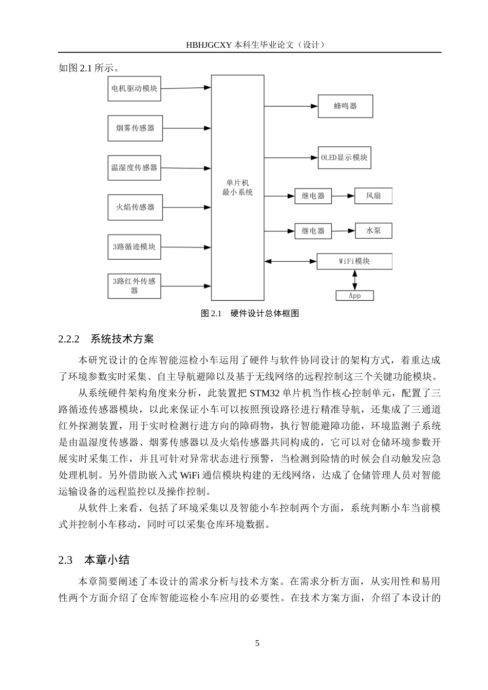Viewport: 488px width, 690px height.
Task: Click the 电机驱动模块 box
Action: pos(134,88)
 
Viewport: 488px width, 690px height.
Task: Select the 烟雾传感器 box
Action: pos(135,128)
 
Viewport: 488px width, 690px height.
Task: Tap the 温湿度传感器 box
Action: pos(134,168)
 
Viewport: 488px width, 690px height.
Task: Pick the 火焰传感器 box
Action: pos(135,207)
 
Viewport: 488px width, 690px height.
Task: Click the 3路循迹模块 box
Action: pos(134,247)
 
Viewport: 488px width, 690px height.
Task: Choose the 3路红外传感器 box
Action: pos(134,285)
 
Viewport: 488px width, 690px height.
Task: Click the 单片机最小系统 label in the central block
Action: pos(237,187)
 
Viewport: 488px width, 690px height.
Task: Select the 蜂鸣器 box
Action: pos(345,106)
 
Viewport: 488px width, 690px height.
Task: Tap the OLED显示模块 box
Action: pos(344,158)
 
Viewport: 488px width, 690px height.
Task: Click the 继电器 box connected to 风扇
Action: pos(313,196)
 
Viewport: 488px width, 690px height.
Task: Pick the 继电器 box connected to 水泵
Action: pos(313,231)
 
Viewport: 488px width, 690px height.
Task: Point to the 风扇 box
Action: pos(373,196)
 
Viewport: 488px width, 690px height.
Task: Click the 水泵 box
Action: pos(373,231)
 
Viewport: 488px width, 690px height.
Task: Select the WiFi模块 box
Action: pos(354,261)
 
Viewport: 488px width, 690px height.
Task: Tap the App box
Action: pos(354,296)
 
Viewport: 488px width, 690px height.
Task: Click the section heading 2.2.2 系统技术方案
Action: pos(106,339)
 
